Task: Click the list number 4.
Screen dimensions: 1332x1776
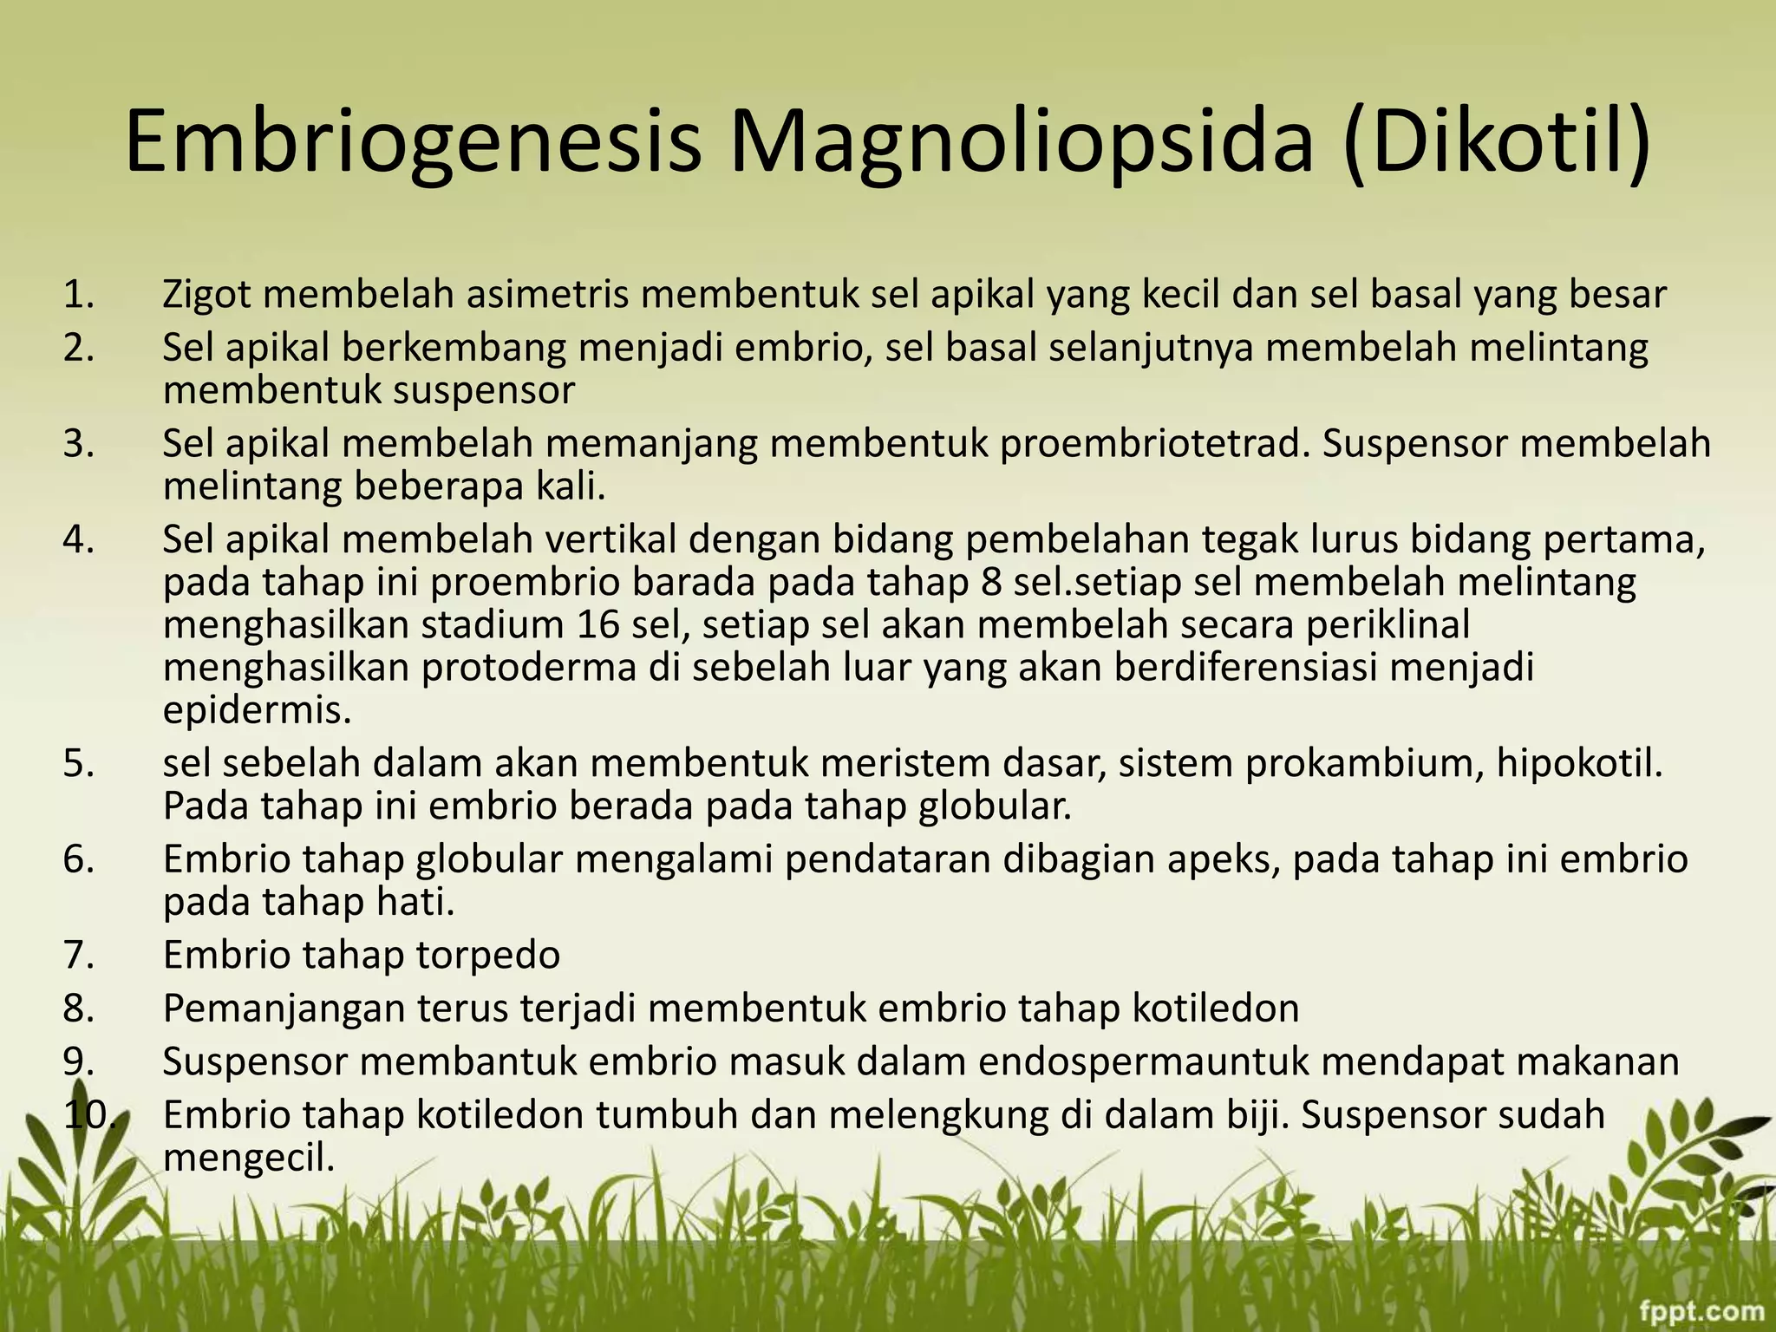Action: point(78,540)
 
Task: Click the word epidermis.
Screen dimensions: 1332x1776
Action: point(258,712)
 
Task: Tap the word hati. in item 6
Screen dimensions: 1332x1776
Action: point(415,903)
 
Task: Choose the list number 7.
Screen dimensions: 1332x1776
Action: point(78,956)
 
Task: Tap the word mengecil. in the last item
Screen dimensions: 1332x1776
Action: point(249,1158)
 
